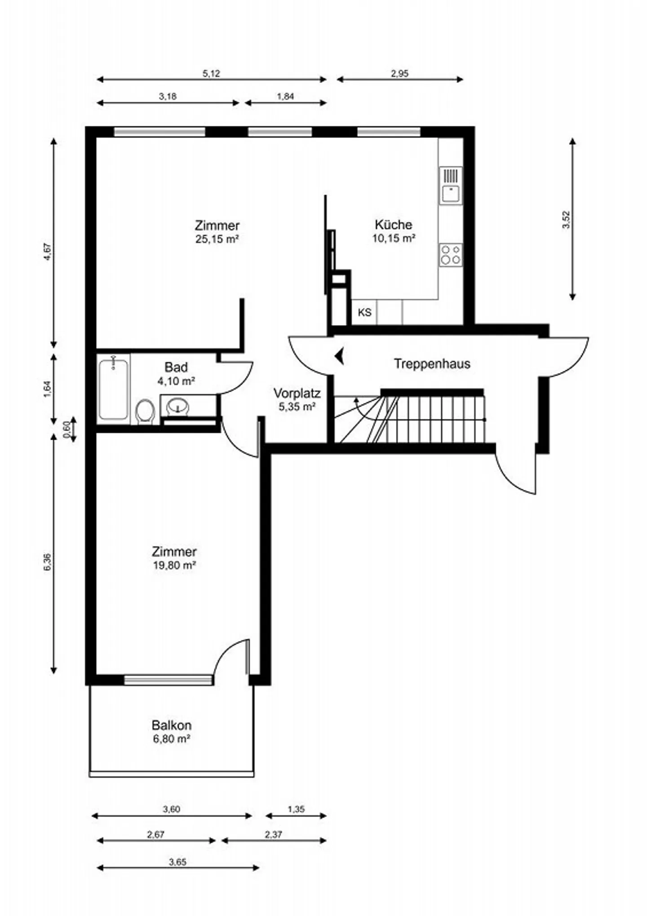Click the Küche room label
[x=393, y=225]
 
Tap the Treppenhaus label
[x=432, y=363]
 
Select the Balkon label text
[x=172, y=725]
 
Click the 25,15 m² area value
[x=217, y=239]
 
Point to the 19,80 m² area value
[x=174, y=565]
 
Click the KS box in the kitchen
[x=364, y=312]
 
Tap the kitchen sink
[x=451, y=186]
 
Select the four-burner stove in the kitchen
[x=451, y=255]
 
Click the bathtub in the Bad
[x=113, y=388]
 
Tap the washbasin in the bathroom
[x=178, y=407]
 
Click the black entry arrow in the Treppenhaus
[x=339, y=356]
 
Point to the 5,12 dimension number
[x=211, y=74]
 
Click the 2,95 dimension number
[x=399, y=74]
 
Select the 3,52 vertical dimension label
[x=566, y=220]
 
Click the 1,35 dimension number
[x=296, y=809]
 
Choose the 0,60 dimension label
[x=66, y=430]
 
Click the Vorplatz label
[x=297, y=394]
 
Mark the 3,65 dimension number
[x=177, y=862]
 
